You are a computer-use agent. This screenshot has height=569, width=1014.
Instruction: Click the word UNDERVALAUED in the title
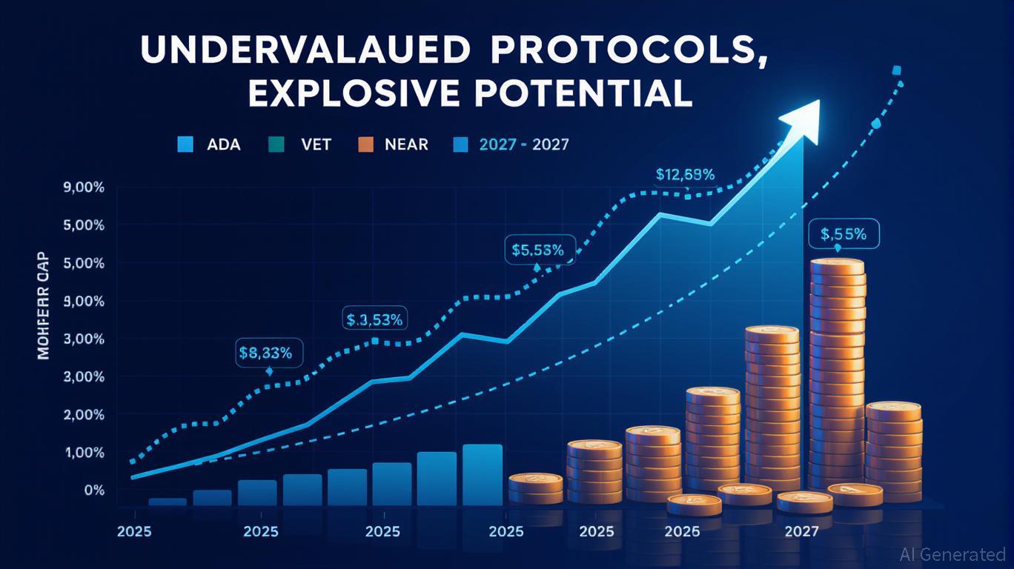303,50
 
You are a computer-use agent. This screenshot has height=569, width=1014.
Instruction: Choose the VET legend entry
303,144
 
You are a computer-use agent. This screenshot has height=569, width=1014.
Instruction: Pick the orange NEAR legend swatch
365,144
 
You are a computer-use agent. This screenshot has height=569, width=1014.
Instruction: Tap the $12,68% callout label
685,176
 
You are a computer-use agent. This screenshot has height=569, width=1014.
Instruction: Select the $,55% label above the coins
844,234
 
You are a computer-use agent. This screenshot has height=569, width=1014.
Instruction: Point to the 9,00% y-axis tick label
84,187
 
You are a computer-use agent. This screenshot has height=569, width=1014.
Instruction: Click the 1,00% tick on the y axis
84,453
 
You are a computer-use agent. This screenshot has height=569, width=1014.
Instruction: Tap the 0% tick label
94,490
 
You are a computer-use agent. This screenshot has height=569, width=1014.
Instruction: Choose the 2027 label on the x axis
801,532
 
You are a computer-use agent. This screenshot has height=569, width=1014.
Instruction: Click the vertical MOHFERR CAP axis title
43,306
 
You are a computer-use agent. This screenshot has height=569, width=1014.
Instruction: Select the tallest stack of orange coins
836,370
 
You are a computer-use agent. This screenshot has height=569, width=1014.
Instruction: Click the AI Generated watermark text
952,554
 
